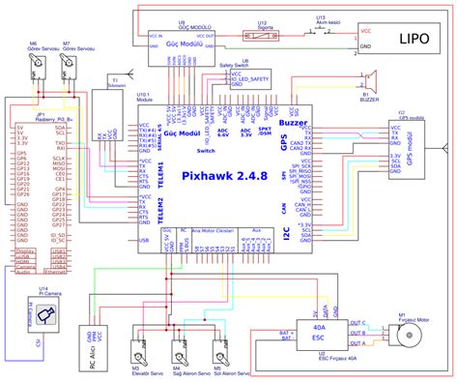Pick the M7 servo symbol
click(x=68, y=65)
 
